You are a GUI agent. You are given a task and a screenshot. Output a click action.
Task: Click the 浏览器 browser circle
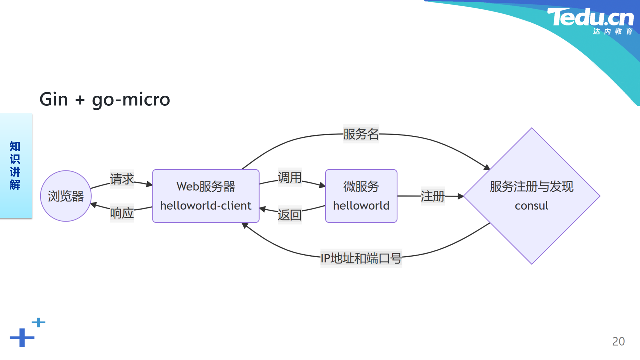(66, 196)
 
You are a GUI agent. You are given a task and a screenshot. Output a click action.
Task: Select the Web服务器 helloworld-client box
(206, 196)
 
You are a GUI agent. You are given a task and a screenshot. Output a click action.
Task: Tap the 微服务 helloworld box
(361, 196)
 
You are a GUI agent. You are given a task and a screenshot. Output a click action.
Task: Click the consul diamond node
(532, 196)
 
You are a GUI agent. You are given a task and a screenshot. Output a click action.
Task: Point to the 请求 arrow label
(122, 179)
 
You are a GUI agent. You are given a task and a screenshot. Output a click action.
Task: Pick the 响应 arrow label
(122, 213)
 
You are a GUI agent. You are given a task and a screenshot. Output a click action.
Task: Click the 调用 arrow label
(290, 177)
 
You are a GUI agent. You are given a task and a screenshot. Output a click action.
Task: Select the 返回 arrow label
(290, 215)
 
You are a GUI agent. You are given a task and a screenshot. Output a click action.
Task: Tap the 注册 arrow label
(433, 196)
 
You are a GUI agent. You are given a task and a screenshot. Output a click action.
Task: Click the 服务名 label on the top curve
(361, 134)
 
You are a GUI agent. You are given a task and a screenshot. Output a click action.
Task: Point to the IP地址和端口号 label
(361, 258)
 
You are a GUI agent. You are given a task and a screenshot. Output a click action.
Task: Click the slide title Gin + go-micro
(105, 100)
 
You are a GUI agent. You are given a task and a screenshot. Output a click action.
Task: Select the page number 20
(618, 341)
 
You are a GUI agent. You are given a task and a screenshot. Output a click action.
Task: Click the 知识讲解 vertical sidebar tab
(16, 166)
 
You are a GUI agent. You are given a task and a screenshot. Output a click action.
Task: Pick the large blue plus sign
(22, 338)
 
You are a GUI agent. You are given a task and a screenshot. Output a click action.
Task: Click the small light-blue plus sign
(38, 322)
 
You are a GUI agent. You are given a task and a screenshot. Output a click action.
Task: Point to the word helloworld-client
(206, 206)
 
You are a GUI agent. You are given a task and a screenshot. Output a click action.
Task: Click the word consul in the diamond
(531, 206)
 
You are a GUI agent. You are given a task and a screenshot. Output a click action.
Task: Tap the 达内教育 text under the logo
(613, 31)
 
